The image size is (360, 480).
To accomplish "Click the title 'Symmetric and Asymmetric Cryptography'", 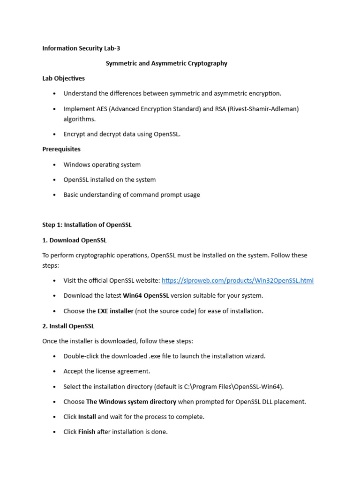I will (166, 63).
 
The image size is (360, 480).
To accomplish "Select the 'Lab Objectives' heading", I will (63, 78).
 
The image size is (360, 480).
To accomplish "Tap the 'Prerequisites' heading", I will (61, 149).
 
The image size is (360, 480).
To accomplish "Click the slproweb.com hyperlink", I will (238, 281).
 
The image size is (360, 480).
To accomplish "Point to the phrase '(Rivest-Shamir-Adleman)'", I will (263, 109).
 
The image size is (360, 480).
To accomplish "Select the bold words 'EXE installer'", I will (115, 311).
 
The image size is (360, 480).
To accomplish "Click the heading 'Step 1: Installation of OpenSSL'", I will (87, 225).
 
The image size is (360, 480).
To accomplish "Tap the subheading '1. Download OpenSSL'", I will (75, 240).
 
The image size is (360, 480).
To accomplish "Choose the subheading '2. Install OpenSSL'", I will (68, 326).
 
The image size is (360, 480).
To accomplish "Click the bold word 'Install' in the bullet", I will (87, 417).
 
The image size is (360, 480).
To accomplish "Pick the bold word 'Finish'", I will (87, 432).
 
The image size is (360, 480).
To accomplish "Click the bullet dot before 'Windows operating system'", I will (54, 165).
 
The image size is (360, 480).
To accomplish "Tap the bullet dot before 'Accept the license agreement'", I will (54, 372).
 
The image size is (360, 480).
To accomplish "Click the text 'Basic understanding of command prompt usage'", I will (132, 195).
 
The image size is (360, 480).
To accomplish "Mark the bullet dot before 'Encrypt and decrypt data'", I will (54, 135).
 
